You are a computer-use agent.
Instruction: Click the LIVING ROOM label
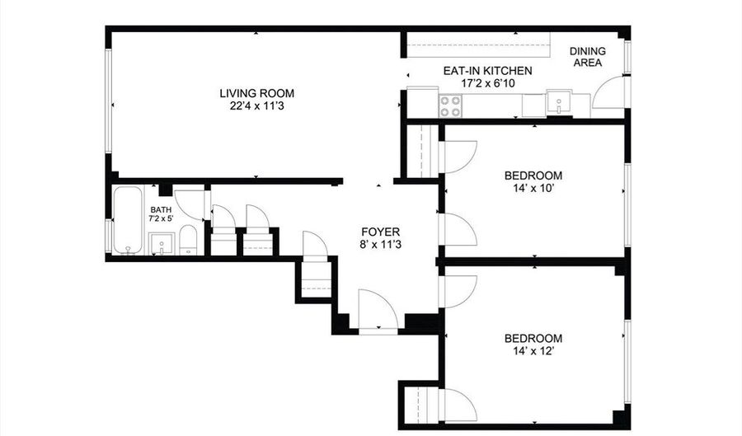pos(256,93)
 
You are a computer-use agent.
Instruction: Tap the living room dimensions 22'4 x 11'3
pos(256,106)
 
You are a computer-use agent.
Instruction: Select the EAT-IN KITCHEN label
pos(487,71)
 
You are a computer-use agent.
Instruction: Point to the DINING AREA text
pos(587,57)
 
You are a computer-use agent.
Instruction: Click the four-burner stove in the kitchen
pos(450,106)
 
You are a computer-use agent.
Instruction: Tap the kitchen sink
pos(559,102)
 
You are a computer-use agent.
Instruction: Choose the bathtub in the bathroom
pos(128,220)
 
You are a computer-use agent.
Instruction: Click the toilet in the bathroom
pos(188,240)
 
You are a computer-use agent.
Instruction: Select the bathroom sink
pos(162,243)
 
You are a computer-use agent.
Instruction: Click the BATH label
pos(161,210)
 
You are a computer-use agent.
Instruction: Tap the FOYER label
pos(380,232)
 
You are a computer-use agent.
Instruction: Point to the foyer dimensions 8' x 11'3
pos(380,245)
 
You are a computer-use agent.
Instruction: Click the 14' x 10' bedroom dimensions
pos(533,188)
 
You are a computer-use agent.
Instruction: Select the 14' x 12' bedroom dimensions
pos(533,351)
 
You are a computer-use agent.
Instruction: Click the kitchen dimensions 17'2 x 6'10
pos(488,84)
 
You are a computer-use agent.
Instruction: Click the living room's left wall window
pos(108,101)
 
